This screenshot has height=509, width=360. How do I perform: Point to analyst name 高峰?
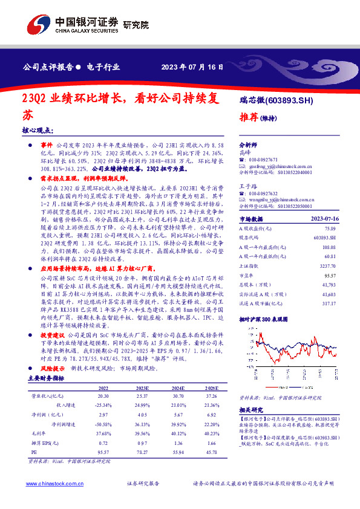(246, 153)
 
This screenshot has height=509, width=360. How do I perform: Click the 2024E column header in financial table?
(178, 388)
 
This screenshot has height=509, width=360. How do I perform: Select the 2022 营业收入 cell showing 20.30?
(103, 397)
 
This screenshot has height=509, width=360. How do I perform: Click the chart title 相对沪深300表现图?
(262, 318)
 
